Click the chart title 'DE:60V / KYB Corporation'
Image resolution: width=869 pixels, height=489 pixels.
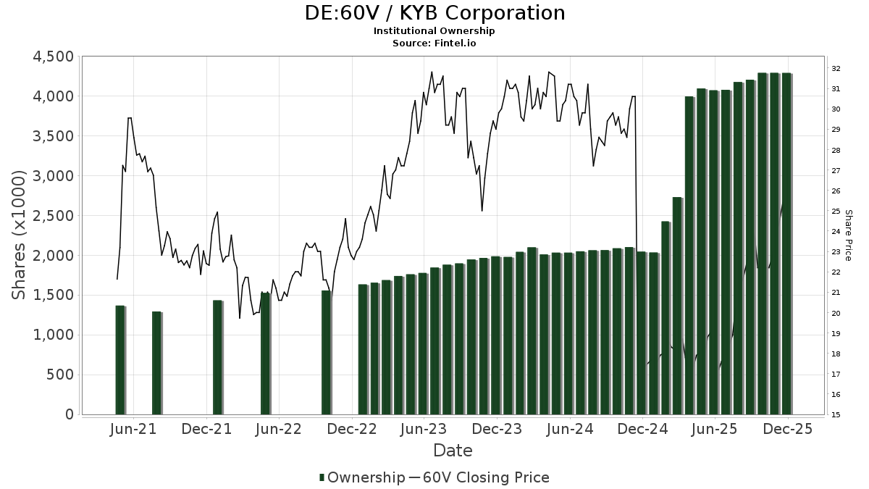(x=434, y=13)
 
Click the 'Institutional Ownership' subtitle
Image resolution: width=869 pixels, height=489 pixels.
(x=434, y=31)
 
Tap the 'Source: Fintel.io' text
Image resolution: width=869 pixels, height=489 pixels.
(x=434, y=43)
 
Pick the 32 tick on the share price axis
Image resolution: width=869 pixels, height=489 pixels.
(x=836, y=69)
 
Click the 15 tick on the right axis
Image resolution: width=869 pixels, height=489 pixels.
(x=836, y=415)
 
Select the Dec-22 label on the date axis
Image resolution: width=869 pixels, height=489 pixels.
(x=353, y=430)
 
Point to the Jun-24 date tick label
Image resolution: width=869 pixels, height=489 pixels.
(x=570, y=430)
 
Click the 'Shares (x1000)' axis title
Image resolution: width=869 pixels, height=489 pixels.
(x=20, y=235)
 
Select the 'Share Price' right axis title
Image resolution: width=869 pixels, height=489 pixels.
(x=848, y=235)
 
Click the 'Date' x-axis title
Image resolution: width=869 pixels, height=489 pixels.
(x=453, y=451)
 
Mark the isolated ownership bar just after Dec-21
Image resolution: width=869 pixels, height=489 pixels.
(x=217, y=357)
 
